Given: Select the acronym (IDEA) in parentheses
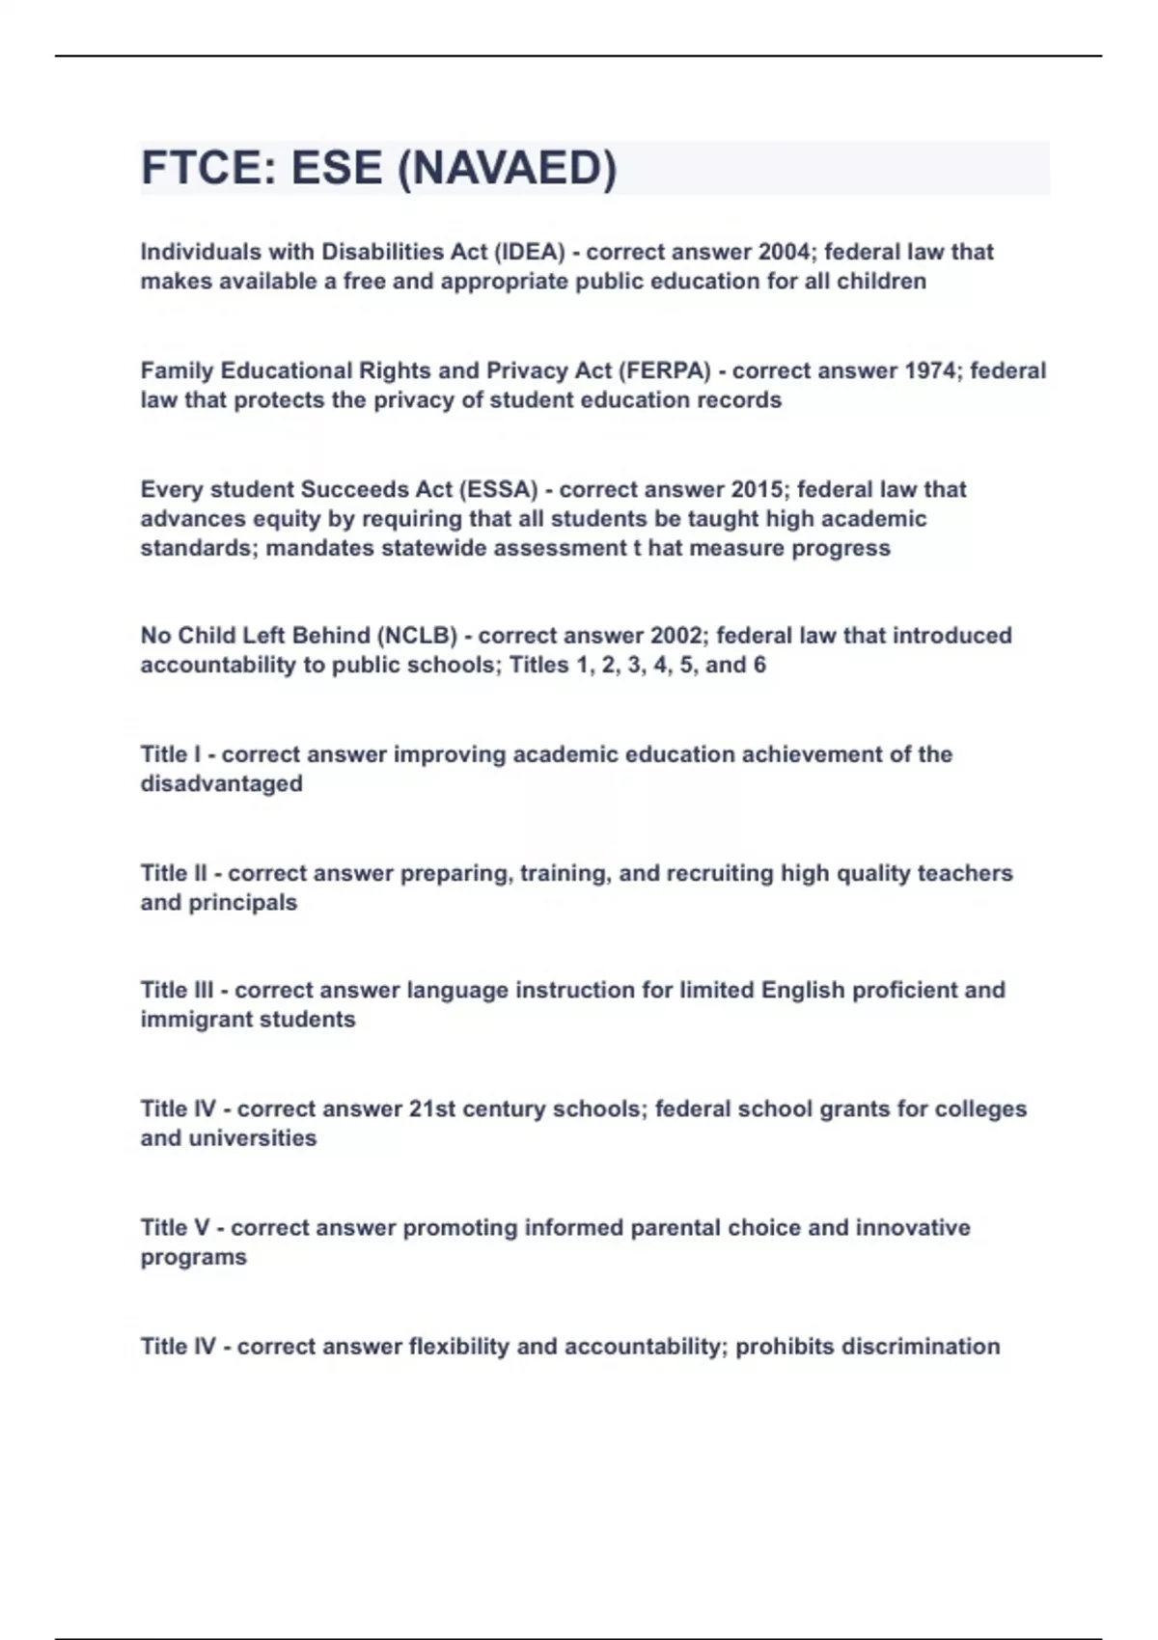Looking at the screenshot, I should pyautogui.click(x=529, y=252).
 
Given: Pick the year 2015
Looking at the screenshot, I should pyautogui.click(x=758, y=489).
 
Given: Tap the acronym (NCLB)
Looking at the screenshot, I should pyautogui.click(x=417, y=636).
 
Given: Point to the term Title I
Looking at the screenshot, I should pyautogui.click(x=171, y=754).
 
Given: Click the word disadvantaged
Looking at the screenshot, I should pyautogui.click(x=221, y=783).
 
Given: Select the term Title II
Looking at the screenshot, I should pyautogui.click(x=174, y=873).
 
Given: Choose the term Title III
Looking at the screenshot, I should pyautogui.click(x=177, y=990).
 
